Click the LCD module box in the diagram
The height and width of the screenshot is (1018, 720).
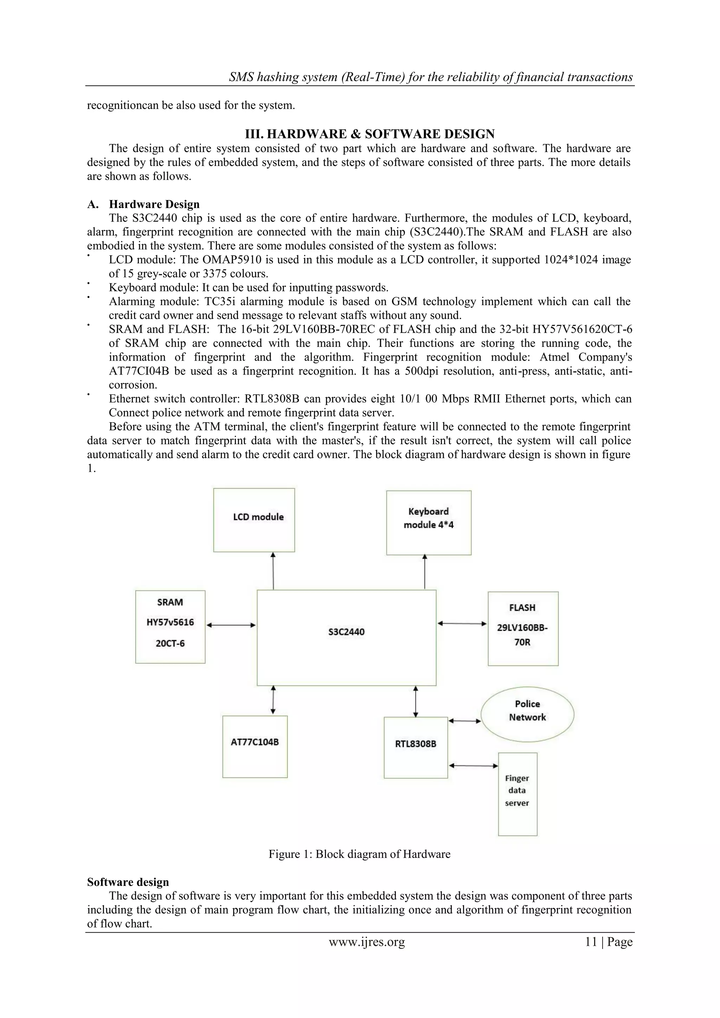click(254, 520)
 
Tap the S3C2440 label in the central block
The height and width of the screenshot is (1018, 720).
click(346, 632)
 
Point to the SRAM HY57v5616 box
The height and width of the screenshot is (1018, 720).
click(170, 627)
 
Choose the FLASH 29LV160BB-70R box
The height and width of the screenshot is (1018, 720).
click(523, 628)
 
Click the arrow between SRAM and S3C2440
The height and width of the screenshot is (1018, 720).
click(231, 625)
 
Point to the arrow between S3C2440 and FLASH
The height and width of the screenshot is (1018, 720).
click(462, 623)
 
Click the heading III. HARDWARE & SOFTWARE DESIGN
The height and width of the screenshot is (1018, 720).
click(370, 134)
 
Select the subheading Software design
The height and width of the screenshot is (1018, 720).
click(128, 882)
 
